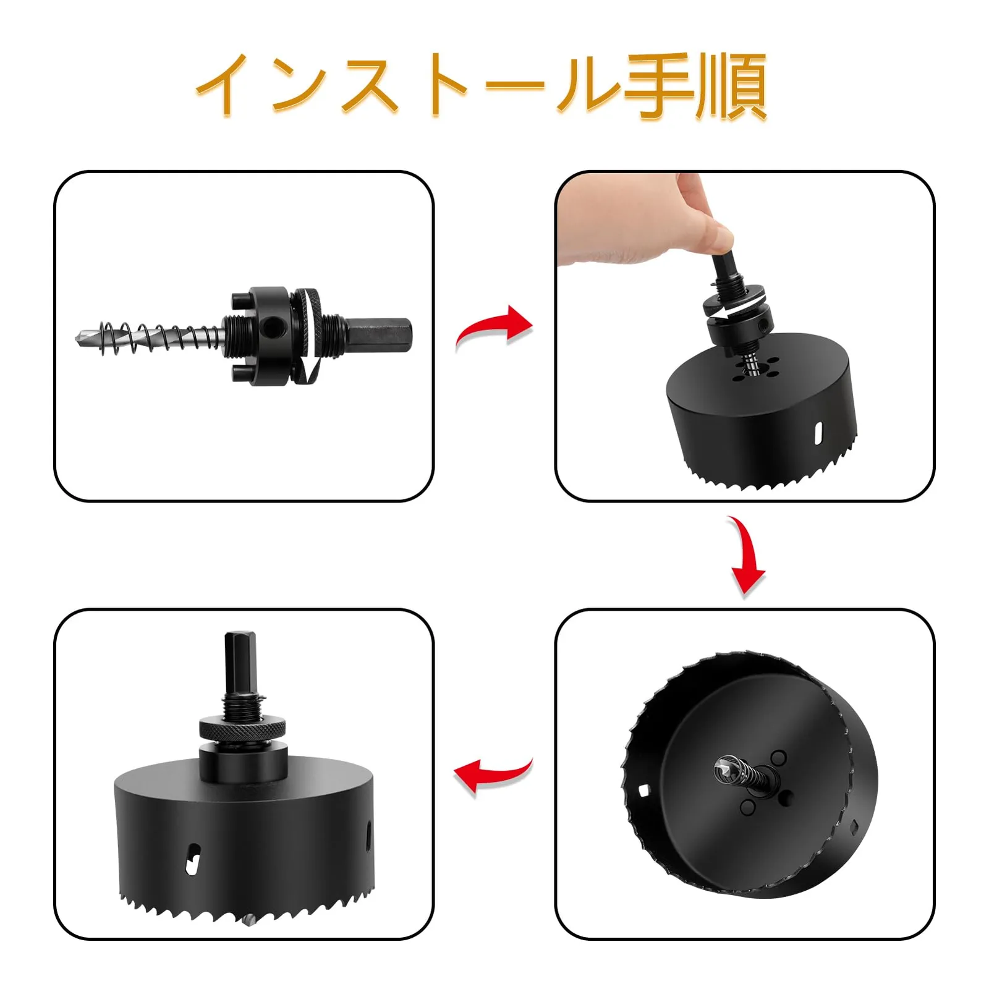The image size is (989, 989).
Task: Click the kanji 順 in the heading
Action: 732,86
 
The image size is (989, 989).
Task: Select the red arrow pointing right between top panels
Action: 493,328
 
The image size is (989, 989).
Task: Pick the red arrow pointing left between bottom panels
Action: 493,776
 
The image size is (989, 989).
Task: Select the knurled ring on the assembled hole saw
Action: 243,729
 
